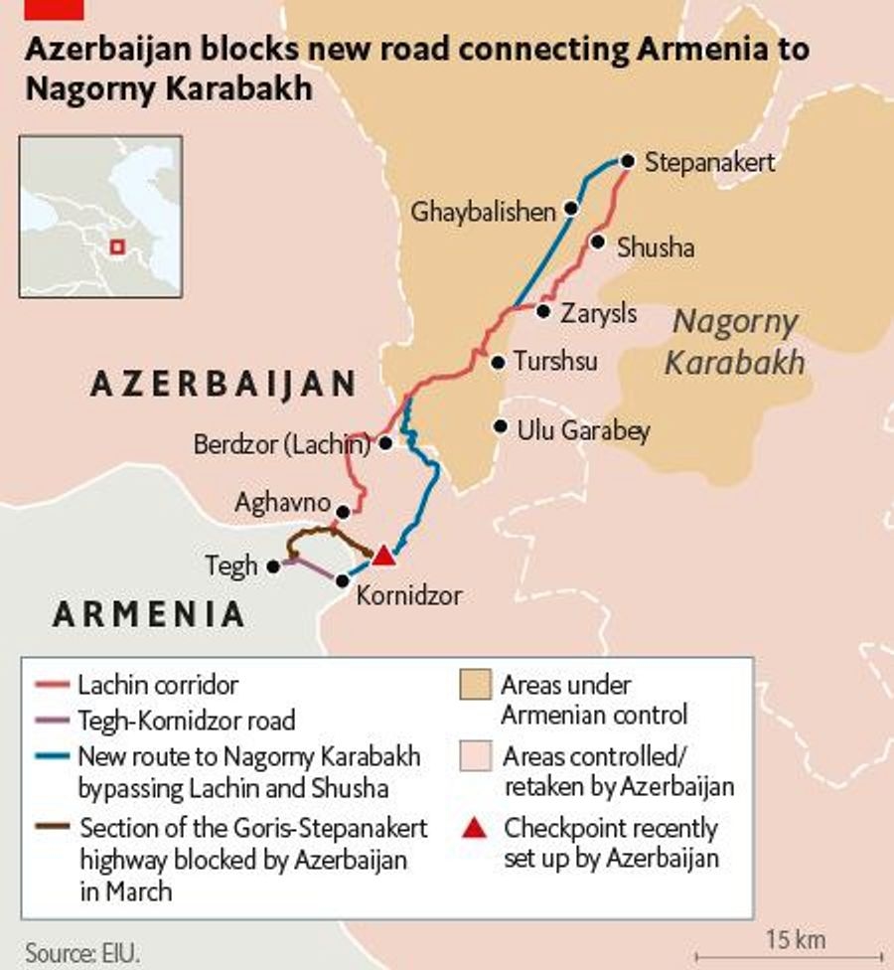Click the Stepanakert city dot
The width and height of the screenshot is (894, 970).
tap(627, 161)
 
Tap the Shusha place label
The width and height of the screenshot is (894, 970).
tap(656, 247)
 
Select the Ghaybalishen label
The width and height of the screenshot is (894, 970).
tap(483, 212)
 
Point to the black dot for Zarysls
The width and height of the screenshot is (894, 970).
tap(543, 311)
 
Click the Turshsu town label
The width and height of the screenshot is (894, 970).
tap(555, 362)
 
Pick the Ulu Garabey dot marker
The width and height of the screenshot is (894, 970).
tap(500, 427)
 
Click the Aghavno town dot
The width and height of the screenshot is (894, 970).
tap(343, 512)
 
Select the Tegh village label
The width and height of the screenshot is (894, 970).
tap(230, 566)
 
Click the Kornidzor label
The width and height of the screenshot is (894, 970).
tap(408, 596)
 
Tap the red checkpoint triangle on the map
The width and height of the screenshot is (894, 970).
tap(383, 556)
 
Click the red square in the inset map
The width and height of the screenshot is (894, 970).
tap(117, 246)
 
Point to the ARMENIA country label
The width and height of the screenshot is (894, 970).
tap(148, 614)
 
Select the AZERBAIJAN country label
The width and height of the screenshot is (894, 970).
tap(223, 385)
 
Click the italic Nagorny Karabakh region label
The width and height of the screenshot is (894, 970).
tap(734, 342)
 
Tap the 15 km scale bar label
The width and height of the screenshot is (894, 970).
tap(795, 939)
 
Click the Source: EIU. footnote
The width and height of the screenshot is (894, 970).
tap(82, 951)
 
